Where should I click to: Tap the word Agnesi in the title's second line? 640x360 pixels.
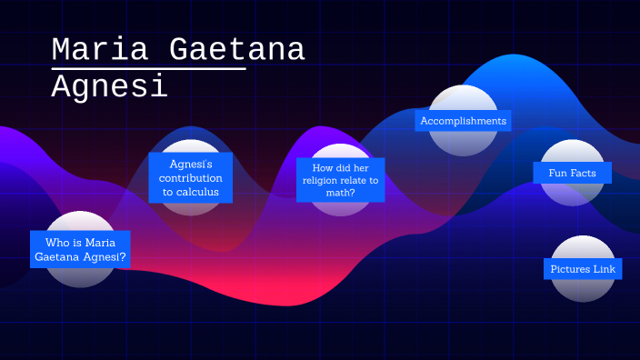(109, 86)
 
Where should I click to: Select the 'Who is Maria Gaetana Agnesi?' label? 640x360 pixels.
(80, 250)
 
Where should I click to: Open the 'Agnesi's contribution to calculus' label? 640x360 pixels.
(191, 177)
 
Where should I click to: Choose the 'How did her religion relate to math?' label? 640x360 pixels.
(340, 180)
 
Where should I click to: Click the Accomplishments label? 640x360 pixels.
(463, 121)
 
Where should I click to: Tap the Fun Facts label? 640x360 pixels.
(573, 172)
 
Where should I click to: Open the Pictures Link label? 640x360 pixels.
(583, 269)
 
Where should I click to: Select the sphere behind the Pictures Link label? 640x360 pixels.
(583, 289)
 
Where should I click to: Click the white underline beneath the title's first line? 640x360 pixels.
(149, 68)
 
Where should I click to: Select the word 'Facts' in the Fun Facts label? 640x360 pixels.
(584, 172)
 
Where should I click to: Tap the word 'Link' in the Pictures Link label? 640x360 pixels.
(604, 269)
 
